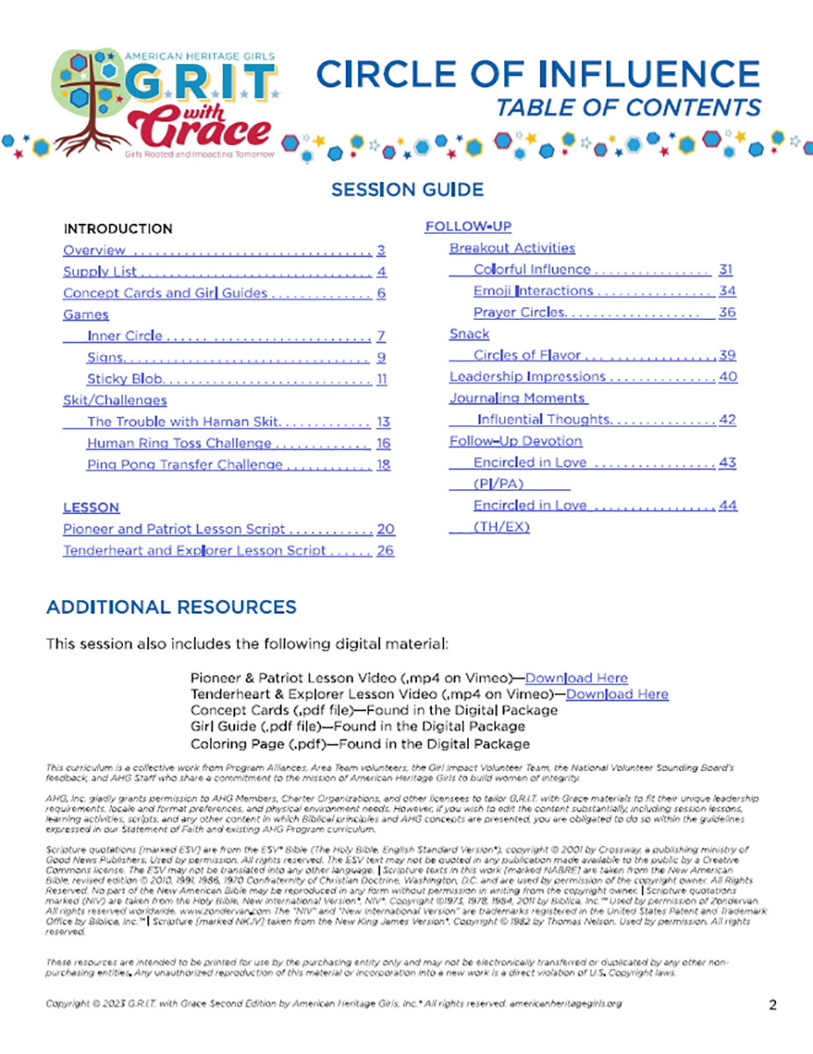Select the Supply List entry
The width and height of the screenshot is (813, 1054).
[x=99, y=271]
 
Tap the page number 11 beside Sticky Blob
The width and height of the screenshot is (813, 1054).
[x=382, y=379]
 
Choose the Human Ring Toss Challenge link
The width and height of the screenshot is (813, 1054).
[x=178, y=444]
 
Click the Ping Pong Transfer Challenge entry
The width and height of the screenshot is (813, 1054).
[x=184, y=465]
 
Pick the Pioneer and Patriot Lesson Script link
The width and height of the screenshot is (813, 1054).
[x=174, y=529]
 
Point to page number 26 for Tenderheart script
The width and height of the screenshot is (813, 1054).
[x=385, y=551]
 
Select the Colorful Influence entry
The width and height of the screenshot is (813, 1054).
[x=531, y=270]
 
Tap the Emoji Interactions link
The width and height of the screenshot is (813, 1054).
[x=533, y=291]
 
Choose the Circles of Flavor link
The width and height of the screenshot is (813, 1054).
[x=527, y=355]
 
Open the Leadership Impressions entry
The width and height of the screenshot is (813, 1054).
[x=527, y=377]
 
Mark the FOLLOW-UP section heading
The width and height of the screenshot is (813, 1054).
[x=468, y=227]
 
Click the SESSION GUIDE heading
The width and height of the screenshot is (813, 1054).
[x=406, y=190]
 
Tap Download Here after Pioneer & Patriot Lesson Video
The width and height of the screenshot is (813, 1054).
[x=576, y=677]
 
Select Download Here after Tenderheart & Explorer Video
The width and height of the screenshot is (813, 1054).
[x=617, y=694]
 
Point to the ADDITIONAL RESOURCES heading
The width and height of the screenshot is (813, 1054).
[x=171, y=607]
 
